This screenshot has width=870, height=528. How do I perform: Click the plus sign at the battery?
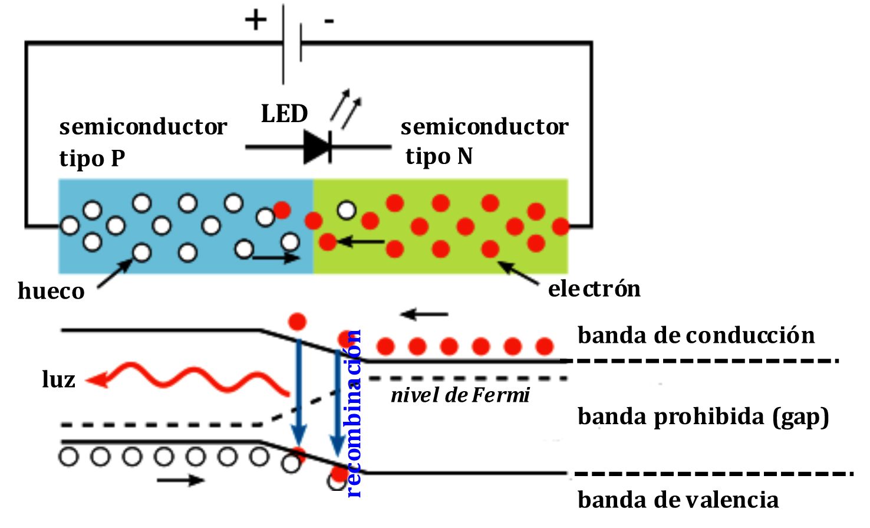pyautogui.click(x=256, y=21)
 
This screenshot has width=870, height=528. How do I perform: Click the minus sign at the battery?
pyautogui.click(x=329, y=22)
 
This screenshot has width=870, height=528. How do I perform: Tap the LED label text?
pyautogui.click(x=284, y=114)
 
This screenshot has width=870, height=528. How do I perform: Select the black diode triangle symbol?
pyautogui.click(x=317, y=146)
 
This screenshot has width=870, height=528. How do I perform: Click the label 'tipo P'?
pyautogui.click(x=92, y=158)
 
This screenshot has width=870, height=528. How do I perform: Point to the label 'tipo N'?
pyautogui.click(x=439, y=156)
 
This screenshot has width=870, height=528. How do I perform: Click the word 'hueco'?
pyautogui.click(x=51, y=291)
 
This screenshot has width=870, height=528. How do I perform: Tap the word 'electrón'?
pyautogui.click(x=594, y=288)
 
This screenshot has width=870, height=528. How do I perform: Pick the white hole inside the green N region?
pyautogui.click(x=347, y=209)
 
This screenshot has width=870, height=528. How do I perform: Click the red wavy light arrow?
pyautogui.click(x=189, y=378)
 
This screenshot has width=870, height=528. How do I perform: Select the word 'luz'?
pyautogui.click(x=58, y=379)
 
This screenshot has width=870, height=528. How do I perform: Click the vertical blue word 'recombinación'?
pyautogui.click(x=353, y=413)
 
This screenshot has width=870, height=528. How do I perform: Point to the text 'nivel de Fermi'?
pyautogui.click(x=460, y=395)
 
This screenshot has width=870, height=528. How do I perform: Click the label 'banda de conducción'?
pyautogui.click(x=696, y=335)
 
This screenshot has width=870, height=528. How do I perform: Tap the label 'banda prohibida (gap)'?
pyautogui.click(x=703, y=417)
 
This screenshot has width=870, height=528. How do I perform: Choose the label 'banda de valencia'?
pyautogui.click(x=678, y=500)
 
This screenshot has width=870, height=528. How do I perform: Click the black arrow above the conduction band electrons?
pyautogui.click(x=424, y=314)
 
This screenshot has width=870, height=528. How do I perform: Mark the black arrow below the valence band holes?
pyautogui.click(x=180, y=480)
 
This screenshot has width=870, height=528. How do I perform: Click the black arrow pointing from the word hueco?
pyautogui.click(x=115, y=274)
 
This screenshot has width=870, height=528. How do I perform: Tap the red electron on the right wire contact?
pyautogui.click(x=561, y=225)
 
